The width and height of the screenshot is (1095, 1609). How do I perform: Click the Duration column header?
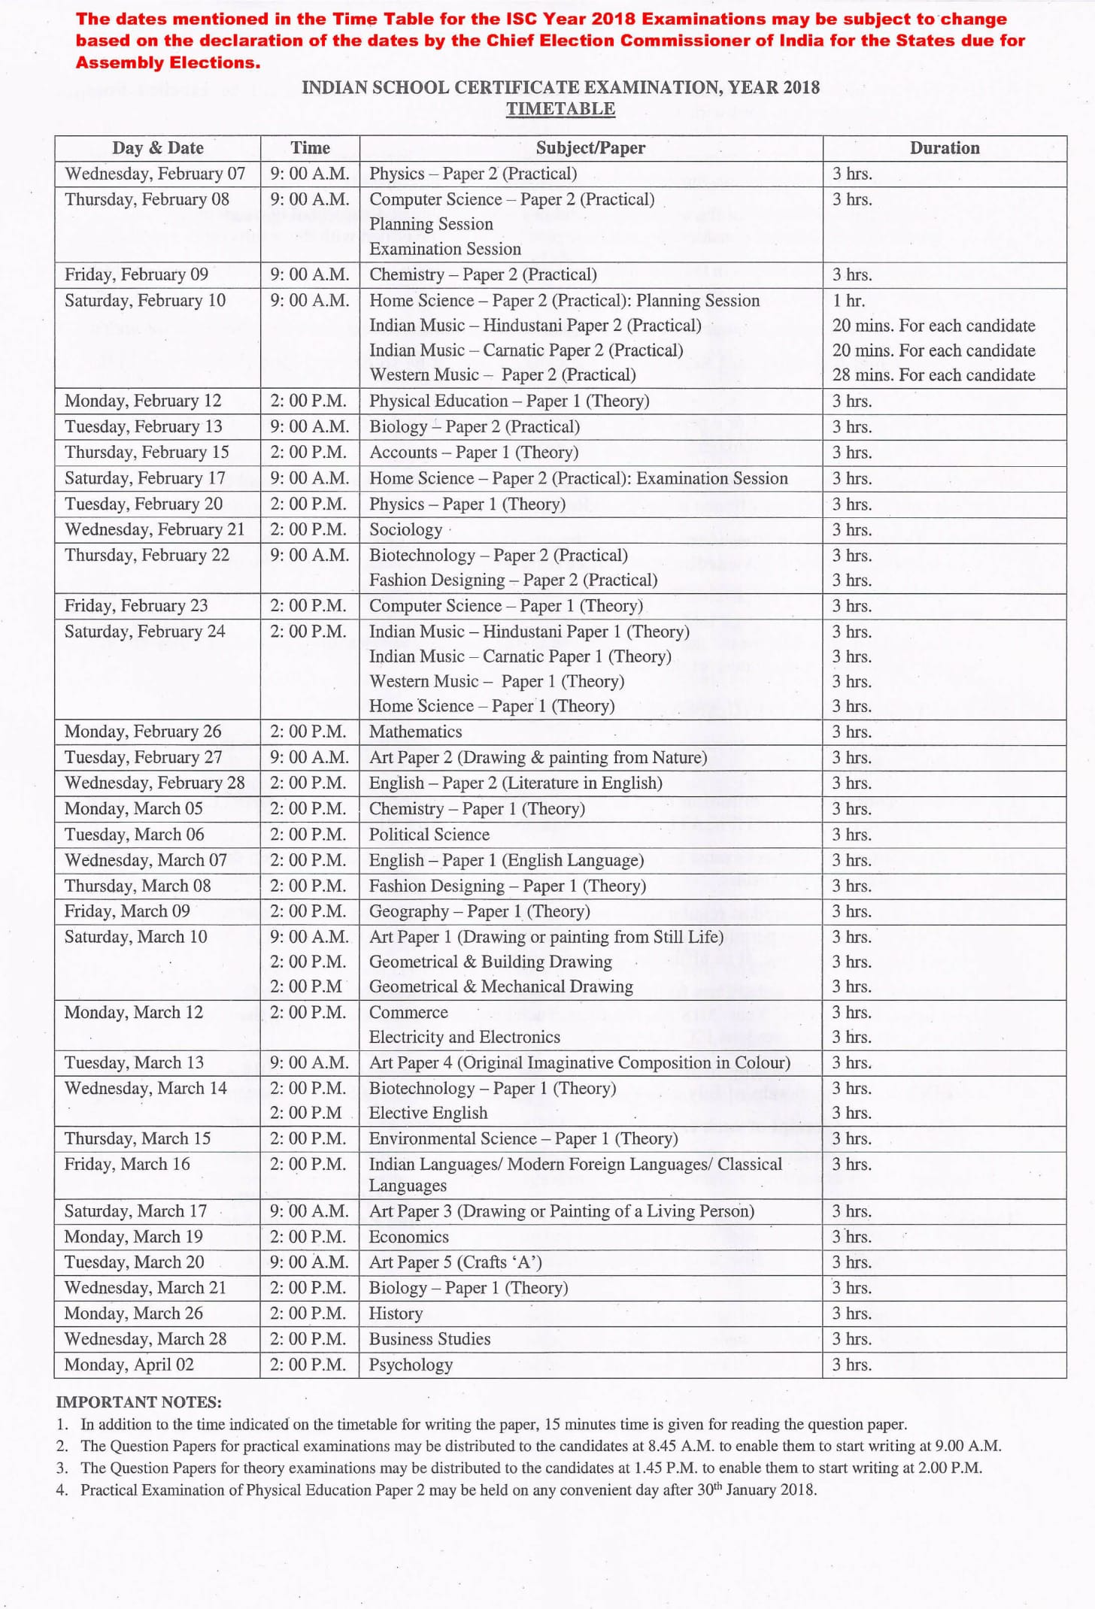[x=944, y=148]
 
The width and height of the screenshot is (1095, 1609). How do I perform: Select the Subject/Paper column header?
[x=590, y=148]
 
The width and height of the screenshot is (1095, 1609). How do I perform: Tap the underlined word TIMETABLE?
[x=560, y=109]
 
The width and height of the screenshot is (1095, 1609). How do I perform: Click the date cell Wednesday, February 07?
[x=155, y=174]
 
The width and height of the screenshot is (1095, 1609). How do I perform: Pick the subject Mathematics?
[x=415, y=732]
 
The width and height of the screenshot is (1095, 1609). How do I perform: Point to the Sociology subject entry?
[x=405, y=529]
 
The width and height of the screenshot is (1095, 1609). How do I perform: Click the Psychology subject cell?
[x=411, y=1365]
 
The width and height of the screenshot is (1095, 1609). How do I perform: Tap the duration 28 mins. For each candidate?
[x=933, y=374]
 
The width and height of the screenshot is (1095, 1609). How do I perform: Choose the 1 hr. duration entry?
[x=848, y=301]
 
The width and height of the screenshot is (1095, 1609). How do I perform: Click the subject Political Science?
[x=429, y=835]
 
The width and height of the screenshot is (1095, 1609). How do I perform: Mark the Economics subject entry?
[x=408, y=1237]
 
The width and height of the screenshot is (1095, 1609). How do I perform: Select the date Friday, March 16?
[x=127, y=1164]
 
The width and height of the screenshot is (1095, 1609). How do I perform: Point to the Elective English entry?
[x=428, y=1113]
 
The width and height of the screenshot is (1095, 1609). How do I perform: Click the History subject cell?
[x=396, y=1314]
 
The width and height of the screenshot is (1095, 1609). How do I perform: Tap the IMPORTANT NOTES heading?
[x=138, y=1401]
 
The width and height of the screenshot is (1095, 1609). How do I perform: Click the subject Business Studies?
[x=429, y=1339]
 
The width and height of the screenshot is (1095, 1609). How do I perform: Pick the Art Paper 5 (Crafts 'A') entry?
[x=455, y=1262]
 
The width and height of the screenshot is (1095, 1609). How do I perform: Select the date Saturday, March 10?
[x=135, y=937]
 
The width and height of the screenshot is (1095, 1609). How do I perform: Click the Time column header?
[x=310, y=148]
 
